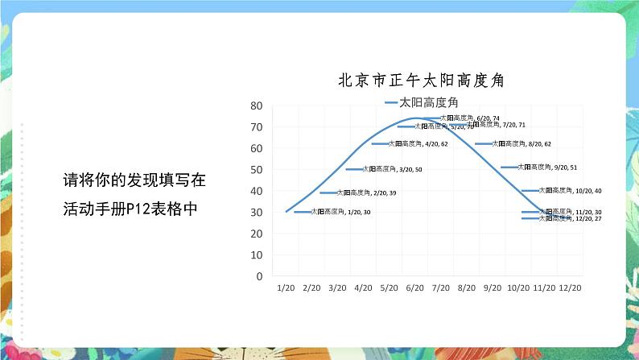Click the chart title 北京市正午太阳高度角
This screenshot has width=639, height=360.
(x=426, y=81)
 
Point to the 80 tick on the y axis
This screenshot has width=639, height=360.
(x=258, y=106)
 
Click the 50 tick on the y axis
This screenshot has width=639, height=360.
(x=258, y=169)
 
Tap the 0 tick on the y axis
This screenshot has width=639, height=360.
(x=260, y=275)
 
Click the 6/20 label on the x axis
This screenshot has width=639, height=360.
(x=415, y=287)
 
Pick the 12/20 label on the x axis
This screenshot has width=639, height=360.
(x=570, y=287)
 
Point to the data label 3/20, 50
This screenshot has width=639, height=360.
(x=392, y=169)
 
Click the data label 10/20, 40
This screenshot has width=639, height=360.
(x=570, y=191)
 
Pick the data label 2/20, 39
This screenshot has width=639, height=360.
(x=366, y=193)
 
